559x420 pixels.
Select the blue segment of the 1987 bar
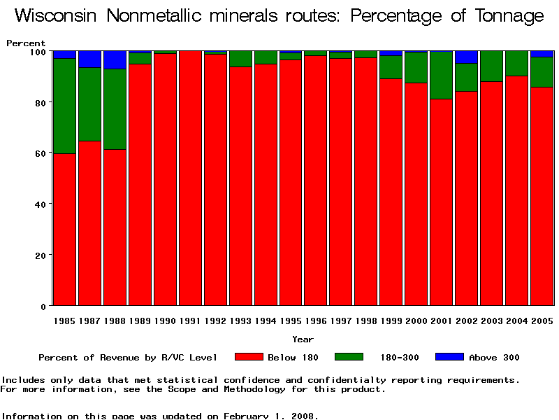coord(90,59)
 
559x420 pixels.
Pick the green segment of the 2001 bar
coord(441,75)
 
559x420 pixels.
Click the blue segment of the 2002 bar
coord(466,57)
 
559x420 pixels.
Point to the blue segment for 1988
coord(115,60)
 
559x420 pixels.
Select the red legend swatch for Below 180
coord(249,357)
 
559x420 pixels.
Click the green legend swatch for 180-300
coord(349,357)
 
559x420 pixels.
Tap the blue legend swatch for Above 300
coord(449,357)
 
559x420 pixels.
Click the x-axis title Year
coord(303,339)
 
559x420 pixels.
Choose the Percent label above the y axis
coord(26,43)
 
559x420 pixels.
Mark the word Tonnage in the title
coord(507,17)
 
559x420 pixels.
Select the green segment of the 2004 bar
coord(516,64)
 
